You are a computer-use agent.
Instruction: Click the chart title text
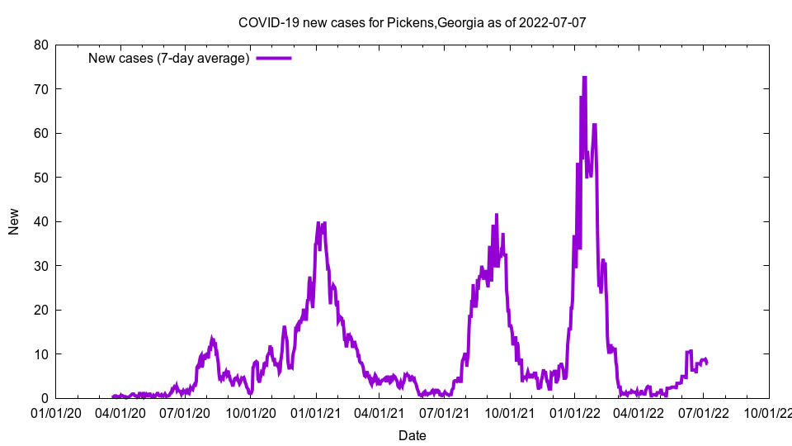[x=412, y=22]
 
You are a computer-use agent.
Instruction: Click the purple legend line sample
[x=273, y=58]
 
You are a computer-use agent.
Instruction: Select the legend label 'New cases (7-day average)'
[x=169, y=58]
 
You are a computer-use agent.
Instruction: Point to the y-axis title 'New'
[x=14, y=221]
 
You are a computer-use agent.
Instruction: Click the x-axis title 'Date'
[x=412, y=435]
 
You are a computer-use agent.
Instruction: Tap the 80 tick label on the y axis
[x=40, y=45]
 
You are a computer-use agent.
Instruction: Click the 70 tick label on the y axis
[x=40, y=89]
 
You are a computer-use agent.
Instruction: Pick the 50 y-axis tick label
[x=40, y=178]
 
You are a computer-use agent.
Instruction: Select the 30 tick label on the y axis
[x=40, y=266]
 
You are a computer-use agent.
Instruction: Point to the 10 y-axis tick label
[x=40, y=354]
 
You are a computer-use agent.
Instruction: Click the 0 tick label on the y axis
[x=45, y=398]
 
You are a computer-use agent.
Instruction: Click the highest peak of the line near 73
[x=584, y=77]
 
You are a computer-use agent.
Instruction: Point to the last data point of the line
[x=707, y=363]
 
